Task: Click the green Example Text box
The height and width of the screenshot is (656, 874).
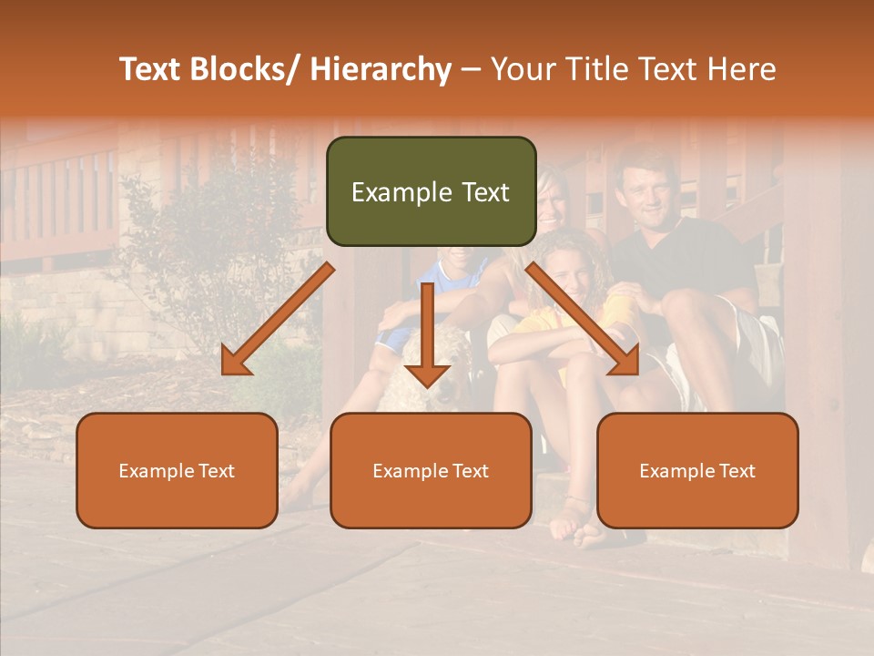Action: [431, 191]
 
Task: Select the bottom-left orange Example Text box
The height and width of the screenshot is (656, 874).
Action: [177, 470]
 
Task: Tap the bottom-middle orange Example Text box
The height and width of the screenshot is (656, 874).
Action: [431, 470]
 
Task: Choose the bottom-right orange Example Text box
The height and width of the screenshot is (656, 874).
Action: [697, 470]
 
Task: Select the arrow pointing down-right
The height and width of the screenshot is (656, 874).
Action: [583, 319]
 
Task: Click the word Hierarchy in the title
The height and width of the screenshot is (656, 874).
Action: [381, 69]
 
